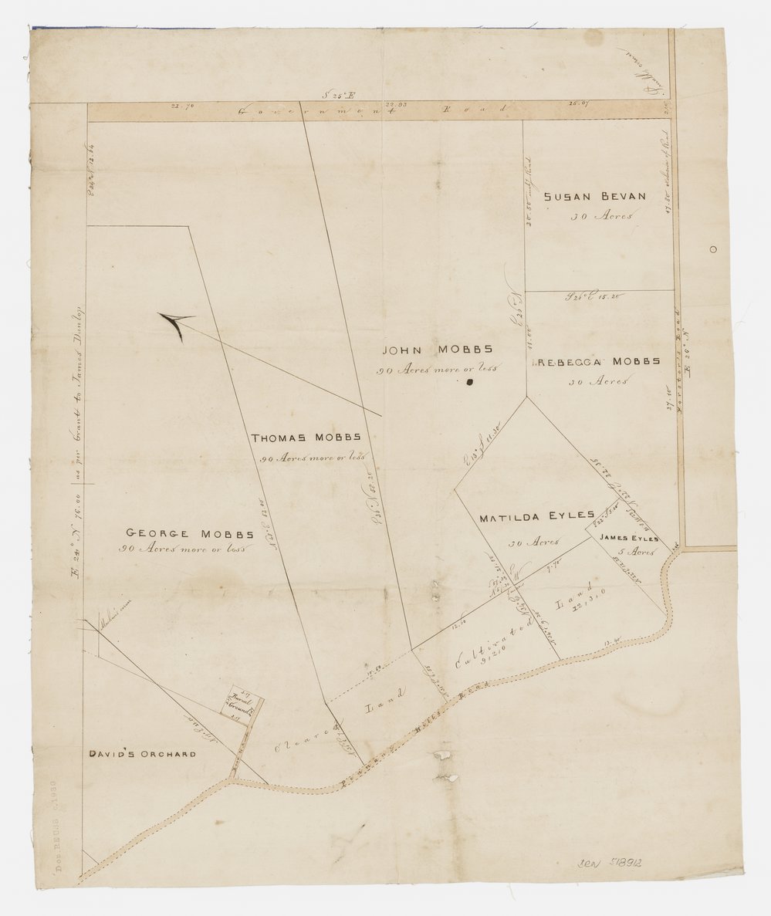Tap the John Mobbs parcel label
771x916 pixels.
438,350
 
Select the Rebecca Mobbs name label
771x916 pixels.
599,361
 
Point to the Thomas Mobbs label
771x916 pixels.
306,438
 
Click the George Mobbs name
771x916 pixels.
190,533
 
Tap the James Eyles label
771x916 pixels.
629,538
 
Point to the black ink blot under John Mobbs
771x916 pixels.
468,381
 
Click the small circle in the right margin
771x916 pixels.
712,248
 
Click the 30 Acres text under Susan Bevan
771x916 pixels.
600,216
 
